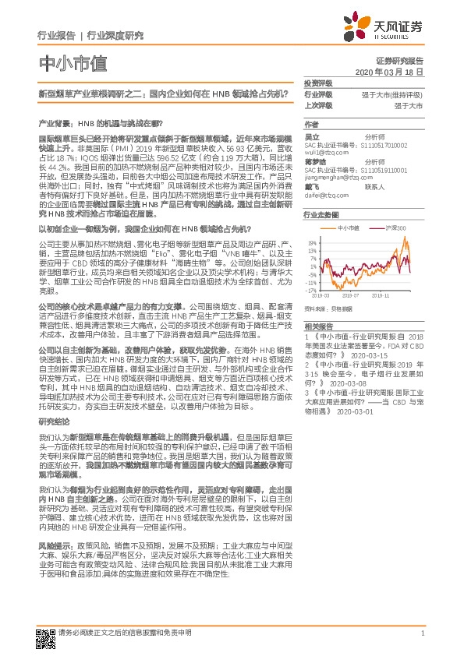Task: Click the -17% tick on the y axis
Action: pyautogui.click(x=311, y=289)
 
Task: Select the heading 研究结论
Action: pyautogui.click(x=53, y=421)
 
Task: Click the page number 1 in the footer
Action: pyautogui.click(x=421, y=633)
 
